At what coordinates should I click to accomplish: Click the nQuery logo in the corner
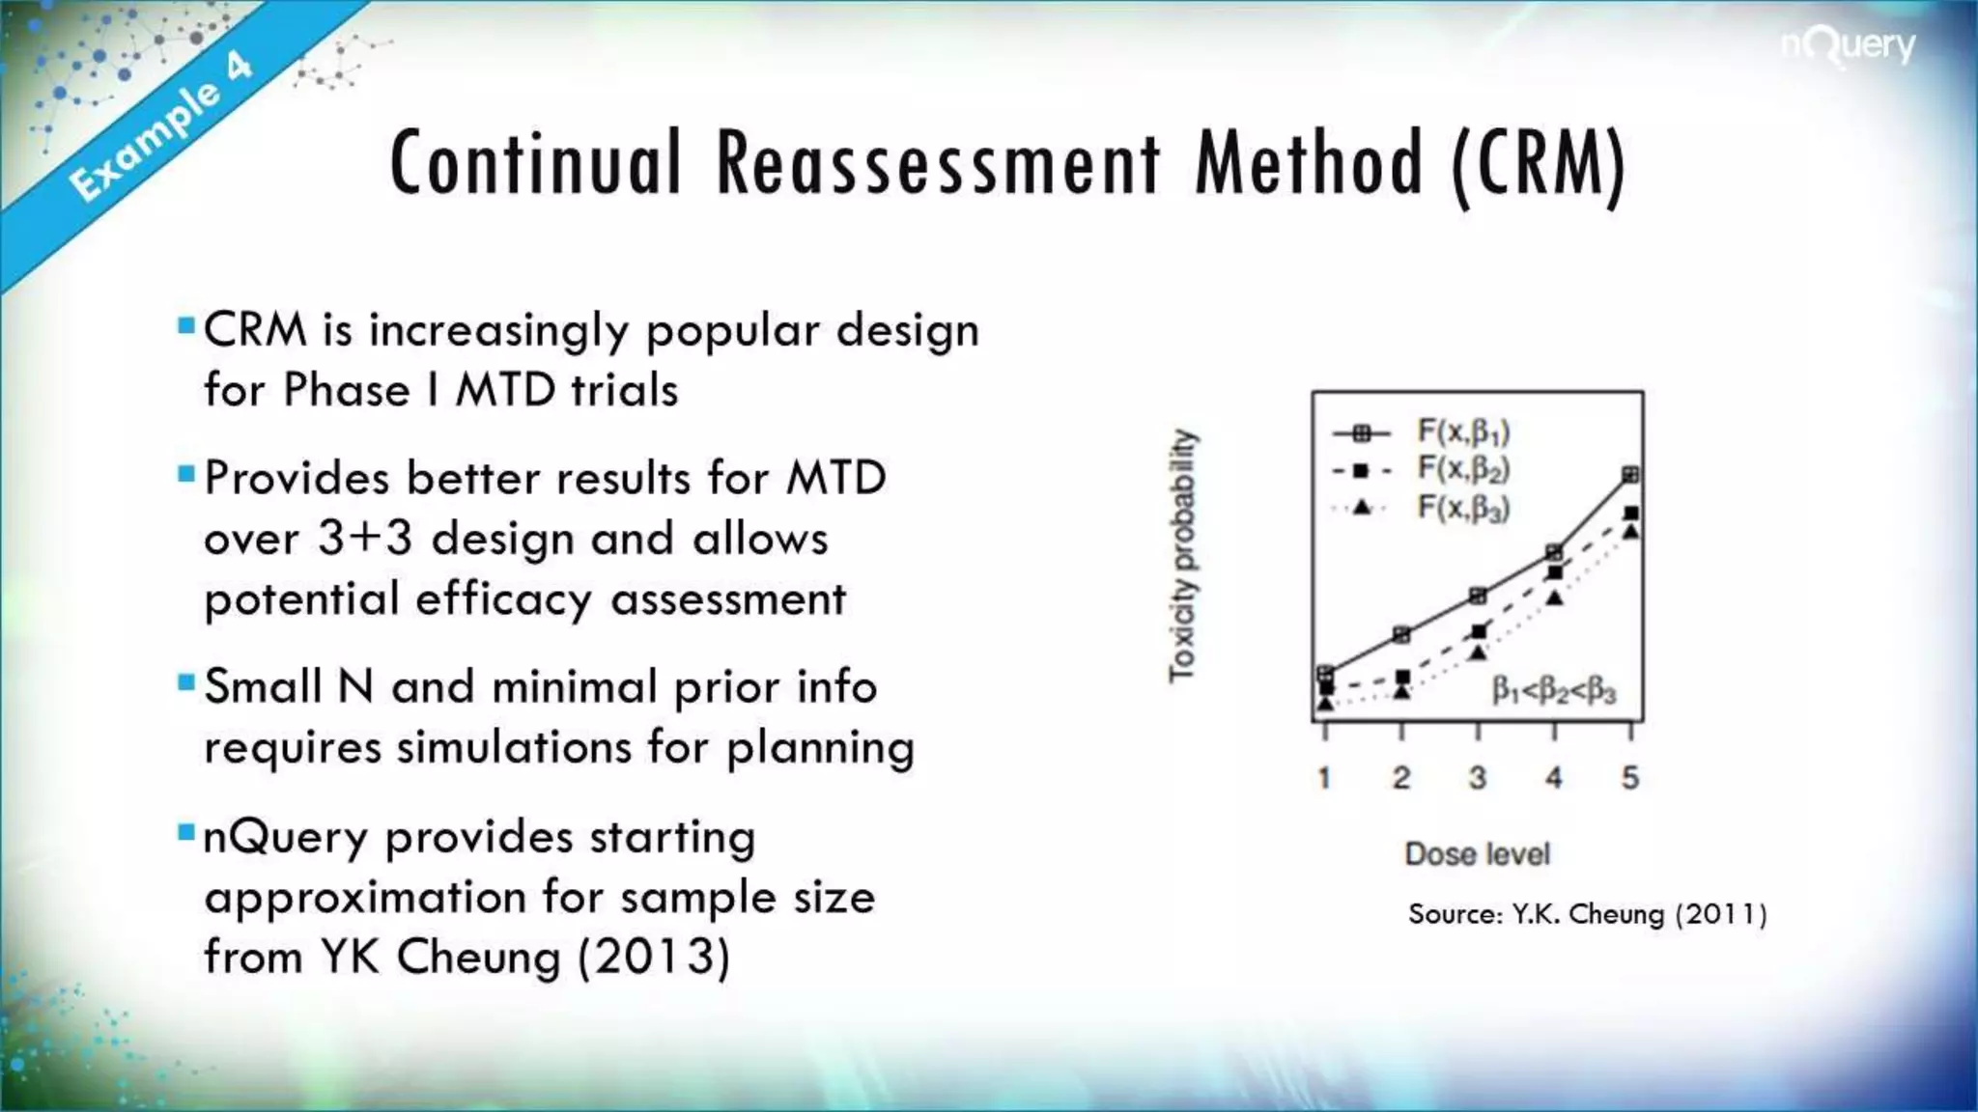click(x=1848, y=46)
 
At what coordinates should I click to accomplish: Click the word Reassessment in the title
click(x=938, y=163)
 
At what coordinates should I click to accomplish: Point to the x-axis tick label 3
click(x=1477, y=777)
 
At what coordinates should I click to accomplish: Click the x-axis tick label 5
click(x=1630, y=777)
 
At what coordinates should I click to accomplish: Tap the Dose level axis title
click(x=1477, y=853)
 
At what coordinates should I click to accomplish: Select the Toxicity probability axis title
click(x=1182, y=556)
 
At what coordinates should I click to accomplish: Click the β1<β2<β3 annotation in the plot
click(x=1553, y=691)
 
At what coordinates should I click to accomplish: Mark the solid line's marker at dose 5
click(x=1630, y=474)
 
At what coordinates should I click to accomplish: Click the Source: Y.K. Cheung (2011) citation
click(x=1587, y=913)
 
